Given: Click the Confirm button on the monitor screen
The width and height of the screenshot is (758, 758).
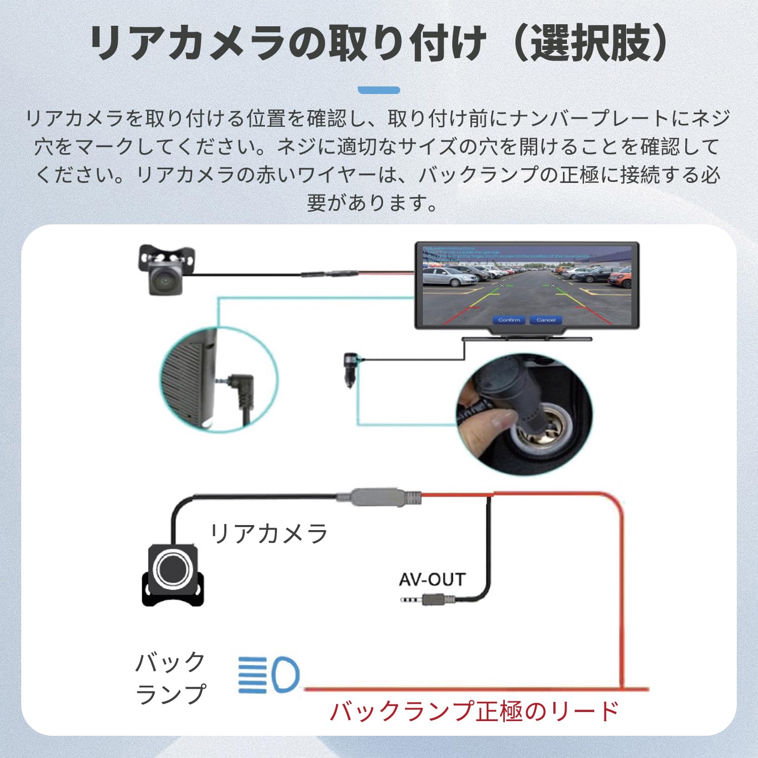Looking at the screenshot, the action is pyautogui.click(x=509, y=320).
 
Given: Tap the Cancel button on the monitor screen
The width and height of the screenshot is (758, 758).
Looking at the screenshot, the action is pyautogui.click(x=546, y=320).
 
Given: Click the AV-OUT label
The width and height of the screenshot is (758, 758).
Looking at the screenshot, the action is pyautogui.click(x=432, y=580).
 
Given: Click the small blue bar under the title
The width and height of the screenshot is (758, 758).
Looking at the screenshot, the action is pyautogui.click(x=378, y=90).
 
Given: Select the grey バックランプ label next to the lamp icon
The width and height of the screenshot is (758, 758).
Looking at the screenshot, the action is pyautogui.click(x=171, y=678).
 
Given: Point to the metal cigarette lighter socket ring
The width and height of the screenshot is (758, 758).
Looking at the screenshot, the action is pyautogui.click(x=546, y=435).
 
